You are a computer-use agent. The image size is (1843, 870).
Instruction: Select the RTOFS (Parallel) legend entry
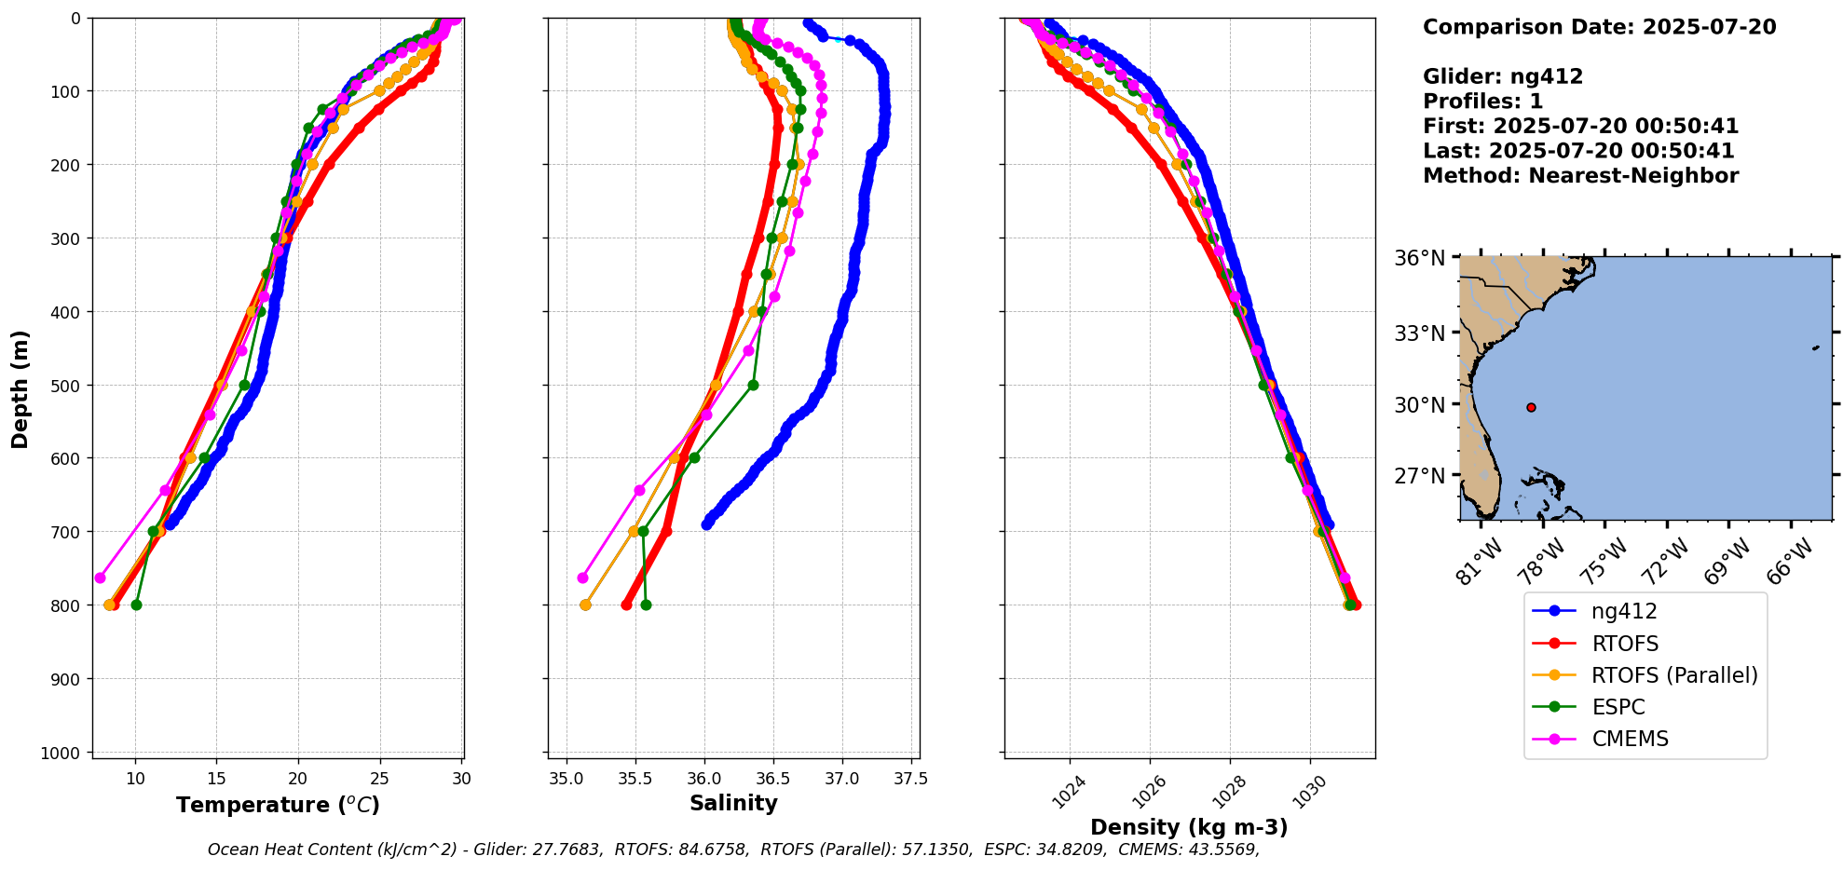click(1674, 675)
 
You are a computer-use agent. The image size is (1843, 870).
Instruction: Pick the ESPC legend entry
click(1618, 707)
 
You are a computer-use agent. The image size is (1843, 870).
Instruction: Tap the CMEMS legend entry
click(1630, 739)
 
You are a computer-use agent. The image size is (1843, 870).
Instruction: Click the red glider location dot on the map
click(1531, 407)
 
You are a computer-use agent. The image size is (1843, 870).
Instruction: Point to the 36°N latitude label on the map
click(1420, 258)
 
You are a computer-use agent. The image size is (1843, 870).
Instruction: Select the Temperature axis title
click(278, 805)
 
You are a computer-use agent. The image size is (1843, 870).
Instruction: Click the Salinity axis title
click(733, 803)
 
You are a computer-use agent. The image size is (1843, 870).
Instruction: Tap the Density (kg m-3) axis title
click(1189, 827)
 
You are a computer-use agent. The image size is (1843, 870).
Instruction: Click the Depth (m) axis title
click(20, 388)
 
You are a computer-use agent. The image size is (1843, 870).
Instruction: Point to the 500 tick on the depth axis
click(69, 385)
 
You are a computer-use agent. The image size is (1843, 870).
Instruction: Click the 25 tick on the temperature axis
click(379, 778)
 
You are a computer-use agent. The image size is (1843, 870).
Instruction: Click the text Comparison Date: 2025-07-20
click(1599, 27)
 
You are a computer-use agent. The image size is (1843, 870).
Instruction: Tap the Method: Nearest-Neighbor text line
click(1580, 176)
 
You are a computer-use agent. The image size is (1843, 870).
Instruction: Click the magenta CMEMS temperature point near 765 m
click(100, 578)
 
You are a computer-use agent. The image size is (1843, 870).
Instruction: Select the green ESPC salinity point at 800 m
click(646, 605)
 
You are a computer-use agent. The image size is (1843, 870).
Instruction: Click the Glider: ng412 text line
click(1503, 76)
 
